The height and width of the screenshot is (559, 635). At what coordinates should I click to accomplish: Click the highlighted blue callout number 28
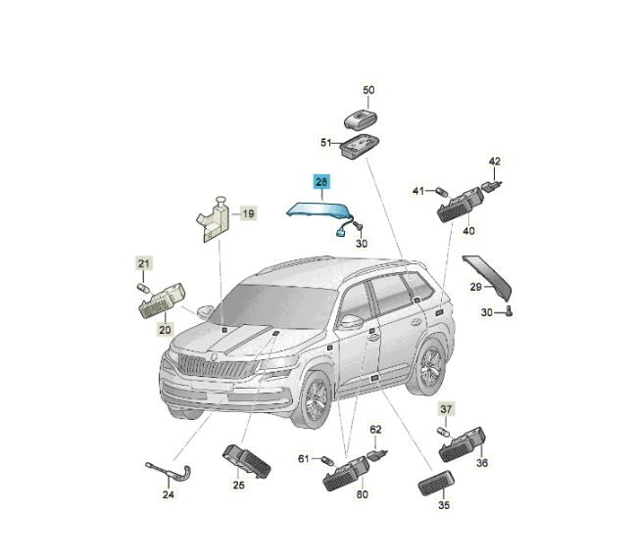[321, 182]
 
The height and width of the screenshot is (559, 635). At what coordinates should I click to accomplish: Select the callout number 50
[368, 90]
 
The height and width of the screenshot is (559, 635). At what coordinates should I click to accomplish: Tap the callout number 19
[248, 213]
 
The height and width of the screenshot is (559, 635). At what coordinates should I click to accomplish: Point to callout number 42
[495, 162]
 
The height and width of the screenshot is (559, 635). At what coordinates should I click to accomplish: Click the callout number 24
[169, 494]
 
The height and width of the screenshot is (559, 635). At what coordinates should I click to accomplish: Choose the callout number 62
[375, 429]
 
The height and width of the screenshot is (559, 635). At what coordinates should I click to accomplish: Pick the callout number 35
[444, 505]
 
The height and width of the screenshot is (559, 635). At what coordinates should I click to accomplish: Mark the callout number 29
[476, 287]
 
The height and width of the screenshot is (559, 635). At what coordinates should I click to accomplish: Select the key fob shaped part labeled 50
[361, 119]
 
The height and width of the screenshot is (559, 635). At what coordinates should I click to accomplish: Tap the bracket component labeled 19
[213, 220]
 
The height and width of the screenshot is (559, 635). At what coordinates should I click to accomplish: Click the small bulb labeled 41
[442, 191]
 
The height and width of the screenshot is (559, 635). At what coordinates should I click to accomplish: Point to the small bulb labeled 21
[143, 289]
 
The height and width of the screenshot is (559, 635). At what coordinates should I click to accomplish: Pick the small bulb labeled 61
[327, 461]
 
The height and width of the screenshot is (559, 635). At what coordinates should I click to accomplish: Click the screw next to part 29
[509, 311]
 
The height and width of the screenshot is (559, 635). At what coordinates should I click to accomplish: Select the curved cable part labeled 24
[171, 472]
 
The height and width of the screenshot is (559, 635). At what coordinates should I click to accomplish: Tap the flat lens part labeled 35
[436, 483]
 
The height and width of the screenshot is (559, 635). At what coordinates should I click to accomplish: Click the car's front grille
[218, 366]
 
